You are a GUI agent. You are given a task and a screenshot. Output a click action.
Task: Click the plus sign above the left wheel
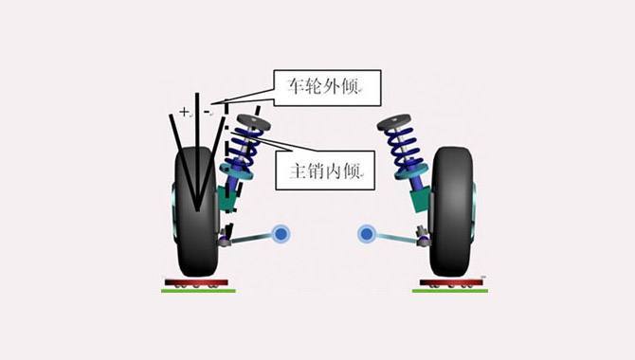[x=184, y=112]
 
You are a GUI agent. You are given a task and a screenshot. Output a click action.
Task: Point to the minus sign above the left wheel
[x=207, y=112]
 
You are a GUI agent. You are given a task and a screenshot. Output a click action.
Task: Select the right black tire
[x=453, y=213]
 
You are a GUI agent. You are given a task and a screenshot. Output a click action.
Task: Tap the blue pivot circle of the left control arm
[x=281, y=233]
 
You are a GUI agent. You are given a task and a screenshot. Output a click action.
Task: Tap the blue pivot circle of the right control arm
[x=367, y=233]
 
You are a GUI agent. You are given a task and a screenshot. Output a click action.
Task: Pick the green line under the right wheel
[x=450, y=291]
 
